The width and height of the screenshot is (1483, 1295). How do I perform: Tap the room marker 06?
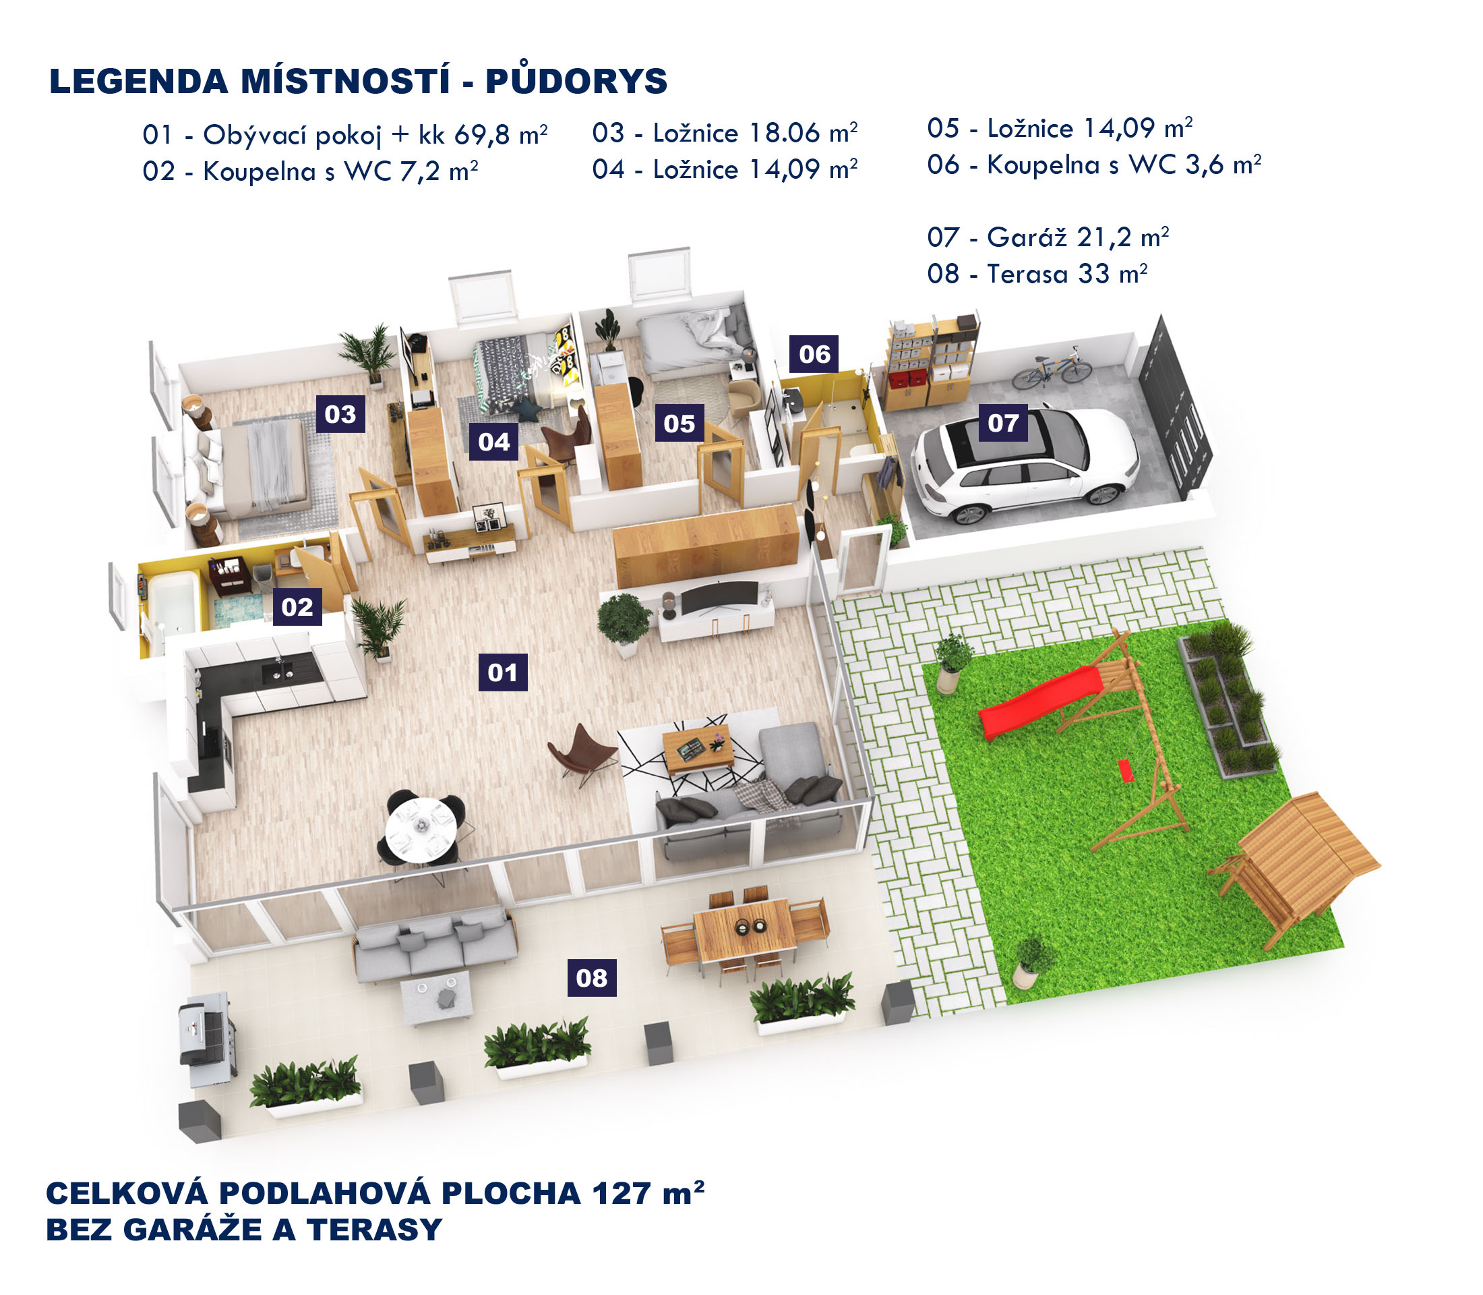click(814, 354)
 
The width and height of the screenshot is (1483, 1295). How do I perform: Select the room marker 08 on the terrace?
click(592, 978)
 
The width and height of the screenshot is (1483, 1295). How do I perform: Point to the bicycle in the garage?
click(1051, 370)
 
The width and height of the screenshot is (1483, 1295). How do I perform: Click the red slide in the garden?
click(1040, 701)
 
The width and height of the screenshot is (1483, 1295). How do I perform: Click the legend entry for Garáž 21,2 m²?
click(1048, 237)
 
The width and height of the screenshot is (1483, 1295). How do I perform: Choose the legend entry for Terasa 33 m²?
click(1037, 274)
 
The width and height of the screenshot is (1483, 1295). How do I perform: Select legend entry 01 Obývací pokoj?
click(344, 135)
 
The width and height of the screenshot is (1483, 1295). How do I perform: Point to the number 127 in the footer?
click(622, 1194)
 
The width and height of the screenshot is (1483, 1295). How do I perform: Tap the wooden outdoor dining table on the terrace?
click(744, 929)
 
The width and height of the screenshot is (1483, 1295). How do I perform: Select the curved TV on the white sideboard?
click(719, 598)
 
